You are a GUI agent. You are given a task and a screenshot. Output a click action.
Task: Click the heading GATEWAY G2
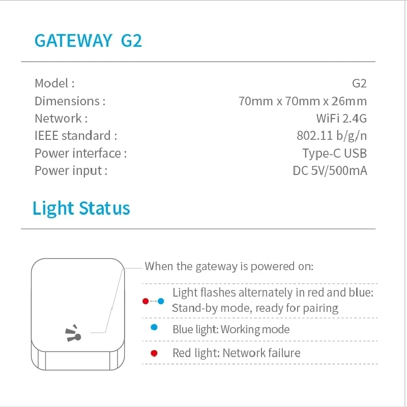(88, 41)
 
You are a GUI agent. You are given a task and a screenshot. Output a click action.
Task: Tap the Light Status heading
(81, 209)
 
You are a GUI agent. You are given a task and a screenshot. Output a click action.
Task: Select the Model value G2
(359, 83)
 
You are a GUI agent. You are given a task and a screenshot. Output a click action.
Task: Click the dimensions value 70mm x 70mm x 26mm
(302, 101)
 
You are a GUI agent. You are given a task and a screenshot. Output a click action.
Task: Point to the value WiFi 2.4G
(341, 119)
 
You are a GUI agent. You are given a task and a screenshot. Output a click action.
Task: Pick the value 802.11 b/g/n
(331, 136)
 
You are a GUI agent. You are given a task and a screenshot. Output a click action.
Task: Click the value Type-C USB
(334, 153)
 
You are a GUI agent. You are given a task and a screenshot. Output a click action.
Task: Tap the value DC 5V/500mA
(330, 170)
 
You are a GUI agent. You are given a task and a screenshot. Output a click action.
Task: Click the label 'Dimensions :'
(70, 101)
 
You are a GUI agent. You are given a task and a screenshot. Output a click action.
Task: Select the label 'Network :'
(61, 119)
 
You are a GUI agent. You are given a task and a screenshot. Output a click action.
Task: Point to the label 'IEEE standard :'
(76, 136)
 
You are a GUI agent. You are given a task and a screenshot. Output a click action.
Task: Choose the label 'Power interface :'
(80, 153)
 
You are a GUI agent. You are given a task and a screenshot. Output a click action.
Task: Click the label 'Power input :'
(71, 170)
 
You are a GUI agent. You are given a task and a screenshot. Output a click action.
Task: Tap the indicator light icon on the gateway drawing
(74, 334)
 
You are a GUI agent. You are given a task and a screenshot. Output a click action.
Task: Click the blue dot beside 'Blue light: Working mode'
(154, 329)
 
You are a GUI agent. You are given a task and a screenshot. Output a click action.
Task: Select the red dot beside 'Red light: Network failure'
(154, 353)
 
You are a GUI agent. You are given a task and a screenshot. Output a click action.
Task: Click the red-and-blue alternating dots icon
(153, 301)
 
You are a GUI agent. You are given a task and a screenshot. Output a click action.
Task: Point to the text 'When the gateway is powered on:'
(229, 266)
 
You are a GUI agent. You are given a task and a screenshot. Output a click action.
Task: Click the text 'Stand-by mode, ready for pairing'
(255, 308)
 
